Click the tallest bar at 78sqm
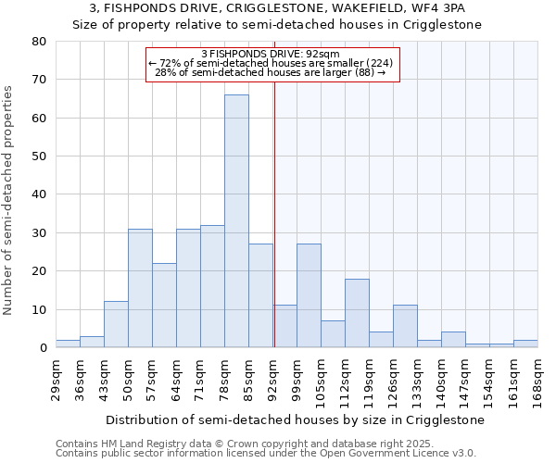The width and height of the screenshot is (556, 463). [236, 221]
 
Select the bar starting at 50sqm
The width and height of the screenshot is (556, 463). [140, 288]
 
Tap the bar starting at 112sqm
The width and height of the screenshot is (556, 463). [357, 313]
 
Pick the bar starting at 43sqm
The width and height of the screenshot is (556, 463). [116, 324]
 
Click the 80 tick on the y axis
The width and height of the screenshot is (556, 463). [39, 42]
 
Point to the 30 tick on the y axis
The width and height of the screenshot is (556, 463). [39, 233]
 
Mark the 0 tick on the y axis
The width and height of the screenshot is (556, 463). [43, 348]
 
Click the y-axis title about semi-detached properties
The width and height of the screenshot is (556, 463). [9, 199]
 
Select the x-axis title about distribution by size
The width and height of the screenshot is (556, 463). [295, 419]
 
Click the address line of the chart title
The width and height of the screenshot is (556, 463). [277, 8]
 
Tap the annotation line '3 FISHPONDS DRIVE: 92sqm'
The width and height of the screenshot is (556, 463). [272, 54]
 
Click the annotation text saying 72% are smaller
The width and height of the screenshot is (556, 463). [272, 63]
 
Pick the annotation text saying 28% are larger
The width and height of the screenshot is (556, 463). [272, 72]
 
